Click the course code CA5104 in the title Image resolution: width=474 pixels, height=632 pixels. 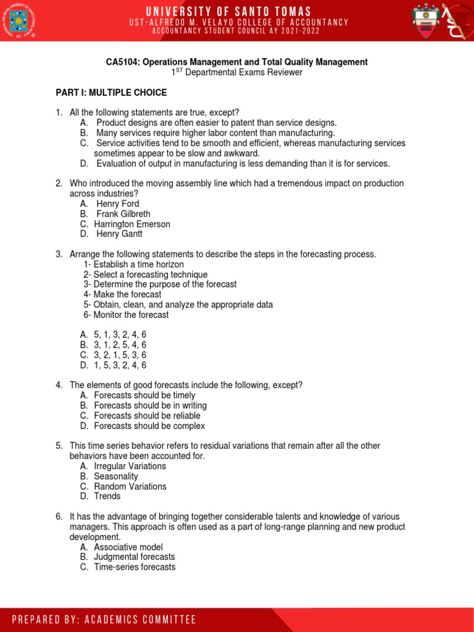point(122,62)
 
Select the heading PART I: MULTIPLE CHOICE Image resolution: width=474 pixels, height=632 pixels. point(111,93)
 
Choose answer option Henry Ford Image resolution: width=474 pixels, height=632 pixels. point(117,204)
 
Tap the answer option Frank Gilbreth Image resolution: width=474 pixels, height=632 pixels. point(123,214)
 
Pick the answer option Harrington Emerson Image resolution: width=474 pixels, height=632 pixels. point(131,224)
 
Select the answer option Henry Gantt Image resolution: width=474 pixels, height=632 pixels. point(119,234)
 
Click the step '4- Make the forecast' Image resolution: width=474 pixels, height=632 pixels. point(122,294)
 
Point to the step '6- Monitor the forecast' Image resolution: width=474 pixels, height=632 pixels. point(126,315)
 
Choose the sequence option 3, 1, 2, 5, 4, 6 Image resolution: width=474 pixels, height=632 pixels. point(120,345)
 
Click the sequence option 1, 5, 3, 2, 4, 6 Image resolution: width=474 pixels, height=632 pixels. point(120,365)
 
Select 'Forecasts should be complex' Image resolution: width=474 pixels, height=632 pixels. point(149,426)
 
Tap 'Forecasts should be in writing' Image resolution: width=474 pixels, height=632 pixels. point(150,405)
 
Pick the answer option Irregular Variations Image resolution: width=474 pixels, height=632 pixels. point(130,466)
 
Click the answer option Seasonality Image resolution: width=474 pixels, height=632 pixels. point(116,476)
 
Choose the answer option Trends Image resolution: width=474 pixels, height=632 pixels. point(107,496)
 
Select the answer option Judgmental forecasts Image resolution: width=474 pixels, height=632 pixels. point(134,557)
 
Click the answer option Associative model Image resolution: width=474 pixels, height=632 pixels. point(128,547)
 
